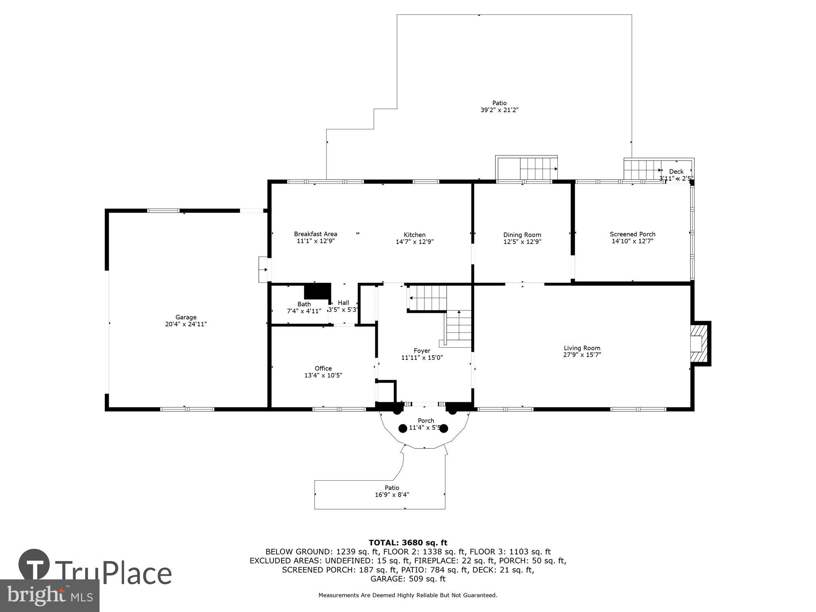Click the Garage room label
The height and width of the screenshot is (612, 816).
point(186,317)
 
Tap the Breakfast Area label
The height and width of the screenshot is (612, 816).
point(315,234)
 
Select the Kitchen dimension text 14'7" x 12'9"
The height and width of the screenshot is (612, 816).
point(415,242)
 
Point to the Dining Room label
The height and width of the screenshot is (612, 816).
point(522,235)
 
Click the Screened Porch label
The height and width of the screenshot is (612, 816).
point(632,234)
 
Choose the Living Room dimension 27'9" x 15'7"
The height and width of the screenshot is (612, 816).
point(582,355)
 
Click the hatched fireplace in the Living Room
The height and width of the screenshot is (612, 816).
point(699,344)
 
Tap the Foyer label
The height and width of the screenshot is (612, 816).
point(422,350)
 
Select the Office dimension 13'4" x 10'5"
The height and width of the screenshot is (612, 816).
point(323,375)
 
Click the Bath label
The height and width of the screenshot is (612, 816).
point(304,304)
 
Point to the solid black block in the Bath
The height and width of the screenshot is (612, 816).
point(317,291)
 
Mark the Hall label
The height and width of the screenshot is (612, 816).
point(344,303)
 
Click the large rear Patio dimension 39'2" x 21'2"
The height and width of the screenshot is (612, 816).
point(499,110)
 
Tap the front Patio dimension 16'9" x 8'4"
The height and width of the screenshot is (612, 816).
point(392,494)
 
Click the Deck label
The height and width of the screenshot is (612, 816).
point(676,172)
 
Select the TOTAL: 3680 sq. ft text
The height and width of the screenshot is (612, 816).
point(408,543)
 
